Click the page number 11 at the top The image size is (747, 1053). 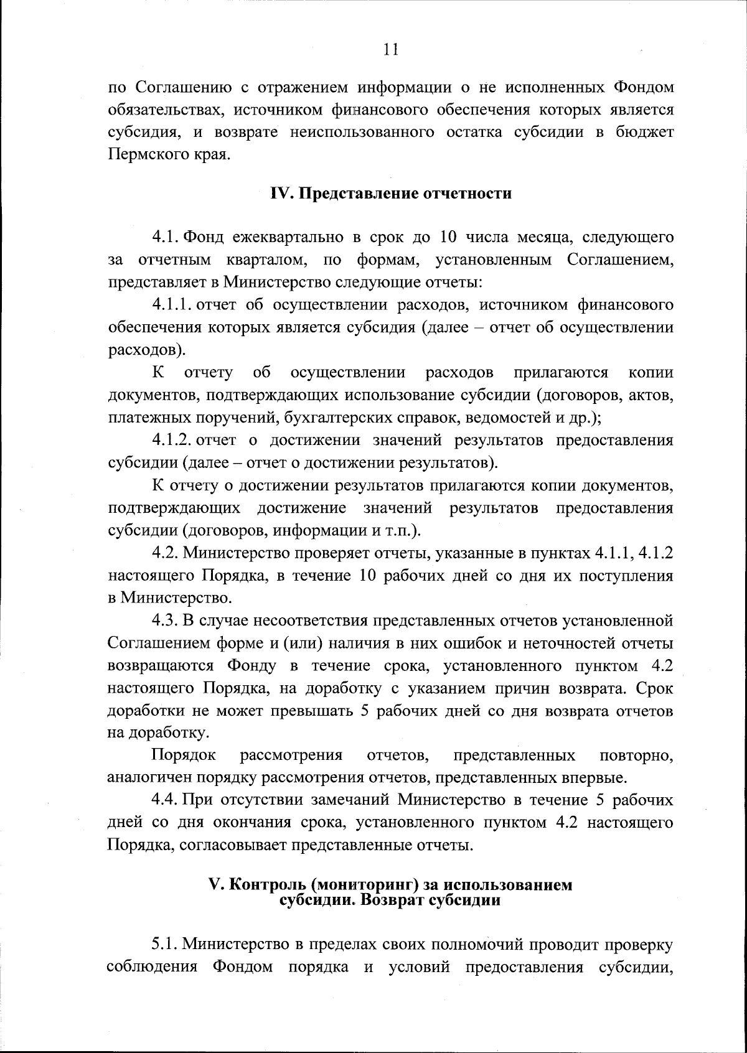click(390, 50)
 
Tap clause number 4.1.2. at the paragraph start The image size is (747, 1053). click(171, 441)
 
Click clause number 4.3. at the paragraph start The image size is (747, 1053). click(165, 620)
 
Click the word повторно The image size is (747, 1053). click(636, 756)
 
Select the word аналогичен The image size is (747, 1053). click(149, 778)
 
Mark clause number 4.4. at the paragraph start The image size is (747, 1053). click(165, 800)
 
